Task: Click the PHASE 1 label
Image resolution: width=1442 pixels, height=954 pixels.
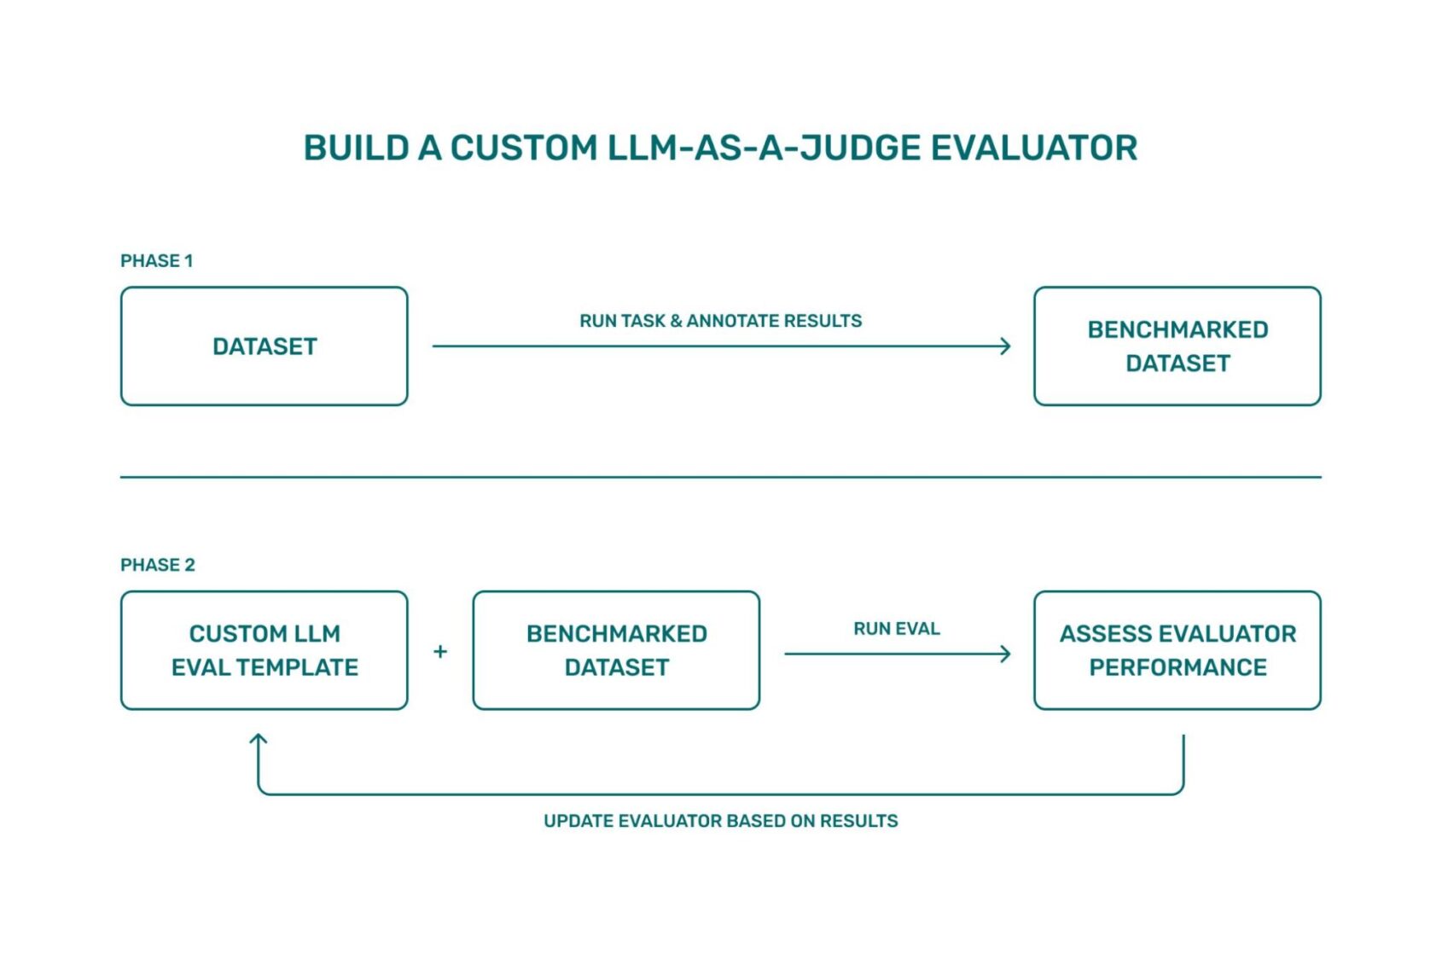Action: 156,261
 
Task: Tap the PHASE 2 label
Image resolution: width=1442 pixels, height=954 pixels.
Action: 157,565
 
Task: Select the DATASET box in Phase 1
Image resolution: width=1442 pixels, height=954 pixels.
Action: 265,346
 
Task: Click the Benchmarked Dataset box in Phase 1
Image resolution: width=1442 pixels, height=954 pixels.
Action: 1177,346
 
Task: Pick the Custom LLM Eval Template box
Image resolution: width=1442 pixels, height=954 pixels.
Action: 265,650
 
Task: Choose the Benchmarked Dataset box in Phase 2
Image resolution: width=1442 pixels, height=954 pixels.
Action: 616,650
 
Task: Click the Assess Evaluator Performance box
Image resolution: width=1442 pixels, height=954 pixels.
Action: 1177,650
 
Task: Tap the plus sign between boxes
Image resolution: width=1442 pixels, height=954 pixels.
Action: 440,652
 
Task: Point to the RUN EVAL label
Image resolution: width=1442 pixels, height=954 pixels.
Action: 896,629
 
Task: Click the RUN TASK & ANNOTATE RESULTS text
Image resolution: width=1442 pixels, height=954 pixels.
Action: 720,321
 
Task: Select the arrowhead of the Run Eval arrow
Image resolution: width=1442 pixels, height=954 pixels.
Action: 1006,654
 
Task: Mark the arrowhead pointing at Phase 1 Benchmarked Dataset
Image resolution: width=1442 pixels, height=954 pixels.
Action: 1006,346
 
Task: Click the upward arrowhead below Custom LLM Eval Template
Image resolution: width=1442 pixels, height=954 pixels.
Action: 259,739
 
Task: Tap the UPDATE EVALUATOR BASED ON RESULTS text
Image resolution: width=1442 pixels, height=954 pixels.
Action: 720,821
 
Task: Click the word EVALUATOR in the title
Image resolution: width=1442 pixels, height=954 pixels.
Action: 1033,148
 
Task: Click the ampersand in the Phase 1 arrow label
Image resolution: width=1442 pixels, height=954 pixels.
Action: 676,321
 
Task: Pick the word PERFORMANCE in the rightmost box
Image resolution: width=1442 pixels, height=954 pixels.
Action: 1177,667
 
